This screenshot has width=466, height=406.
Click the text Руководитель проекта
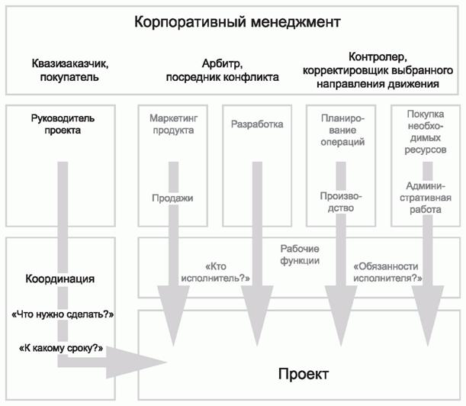pyautogui.click(x=62, y=124)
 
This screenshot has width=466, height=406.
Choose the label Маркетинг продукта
pyautogui.click(x=172, y=124)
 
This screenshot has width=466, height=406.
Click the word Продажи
pyautogui.click(x=172, y=198)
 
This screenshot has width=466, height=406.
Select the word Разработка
pyautogui.click(x=257, y=124)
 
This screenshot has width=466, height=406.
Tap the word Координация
pyautogui.click(x=60, y=279)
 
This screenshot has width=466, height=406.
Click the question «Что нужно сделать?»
pyautogui.click(x=63, y=314)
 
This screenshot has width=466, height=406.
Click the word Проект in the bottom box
pyautogui.click(x=303, y=375)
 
